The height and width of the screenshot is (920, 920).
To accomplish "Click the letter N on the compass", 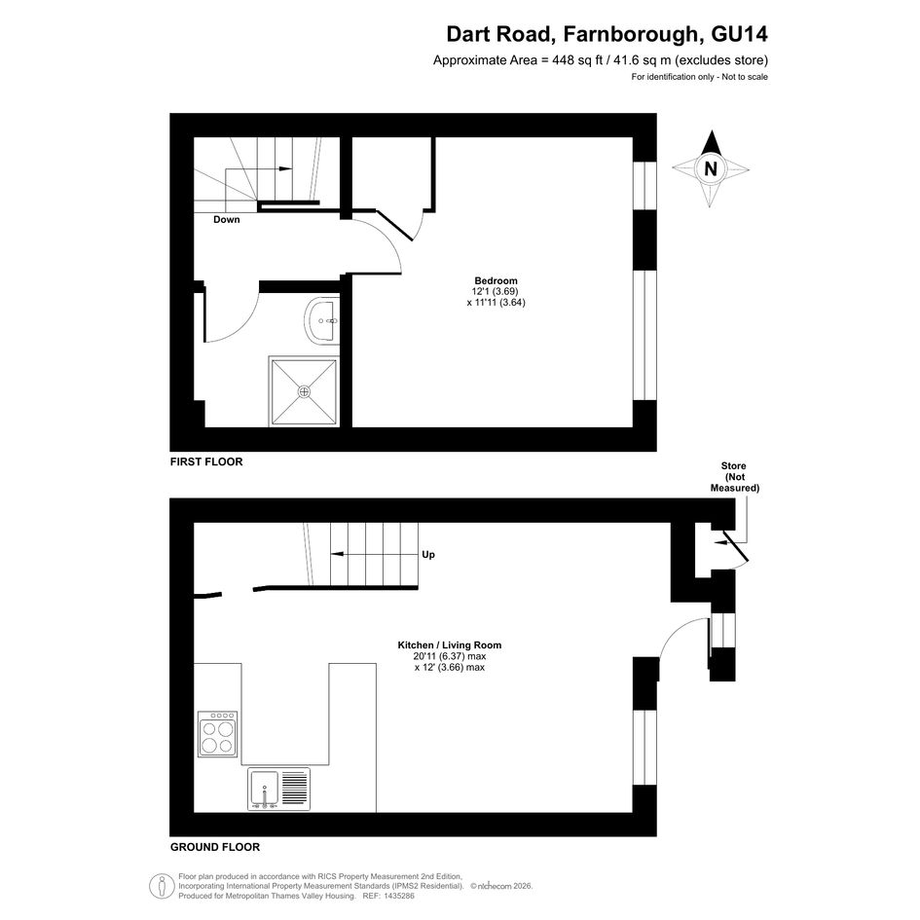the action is (x=711, y=169).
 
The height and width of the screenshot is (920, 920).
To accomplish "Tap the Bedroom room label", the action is (x=496, y=280).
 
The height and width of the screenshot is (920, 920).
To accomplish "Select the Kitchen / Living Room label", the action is (x=450, y=645).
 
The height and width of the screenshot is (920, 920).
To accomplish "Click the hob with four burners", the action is (x=218, y=734).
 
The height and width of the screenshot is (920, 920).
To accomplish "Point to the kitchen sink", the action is (x=278, y=790).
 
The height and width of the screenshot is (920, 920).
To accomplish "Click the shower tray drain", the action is (x=304, y=391).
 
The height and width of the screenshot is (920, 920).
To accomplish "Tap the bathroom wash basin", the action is (x=321, y=321).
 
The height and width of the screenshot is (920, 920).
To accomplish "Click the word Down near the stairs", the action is (x=227, y=219).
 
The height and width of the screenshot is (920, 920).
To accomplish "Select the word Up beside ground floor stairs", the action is (x=428, y=555).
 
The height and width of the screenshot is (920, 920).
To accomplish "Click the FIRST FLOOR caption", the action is (x=206, y=461).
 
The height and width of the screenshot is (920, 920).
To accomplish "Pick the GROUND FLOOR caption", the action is (x=215, y=847).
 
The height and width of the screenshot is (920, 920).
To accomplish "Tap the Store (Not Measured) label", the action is (x=734, y=476).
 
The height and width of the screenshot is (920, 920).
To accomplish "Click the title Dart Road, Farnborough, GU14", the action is (x=607, y=34).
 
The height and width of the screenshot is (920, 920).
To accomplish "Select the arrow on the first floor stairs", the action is (x=259, y=169).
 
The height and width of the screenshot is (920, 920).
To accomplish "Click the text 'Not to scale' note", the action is (x=745, y=77).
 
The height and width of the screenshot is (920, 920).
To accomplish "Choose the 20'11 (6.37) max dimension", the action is (x=450, y=656).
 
